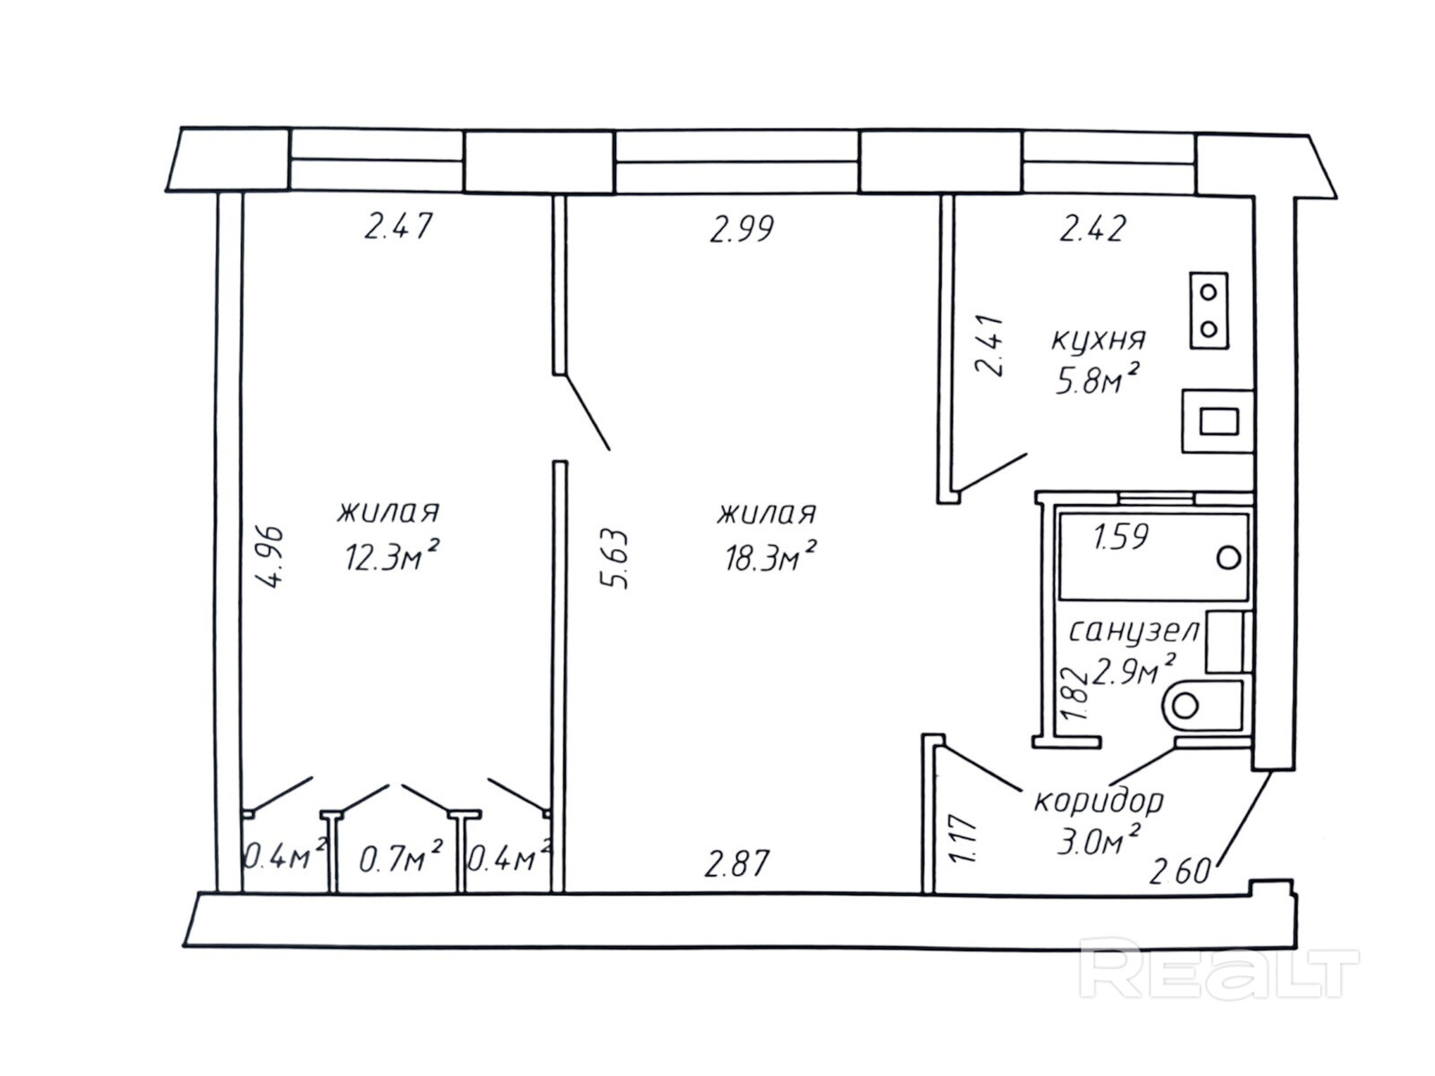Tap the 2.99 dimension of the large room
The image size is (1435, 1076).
pos(741,230)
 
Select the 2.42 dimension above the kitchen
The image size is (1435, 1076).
pos(1092,229)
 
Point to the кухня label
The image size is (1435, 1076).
pos(1098,340)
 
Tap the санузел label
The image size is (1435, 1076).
pos(1134,631)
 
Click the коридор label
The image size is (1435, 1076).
pos(1098,800)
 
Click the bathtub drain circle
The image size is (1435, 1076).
pos(1229,558)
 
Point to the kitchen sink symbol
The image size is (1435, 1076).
pos(1218,421)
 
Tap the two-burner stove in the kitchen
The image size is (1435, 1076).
pos(1209,310)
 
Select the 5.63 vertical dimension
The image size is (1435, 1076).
pos(617,560)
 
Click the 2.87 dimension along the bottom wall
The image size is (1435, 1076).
pos(737,863)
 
